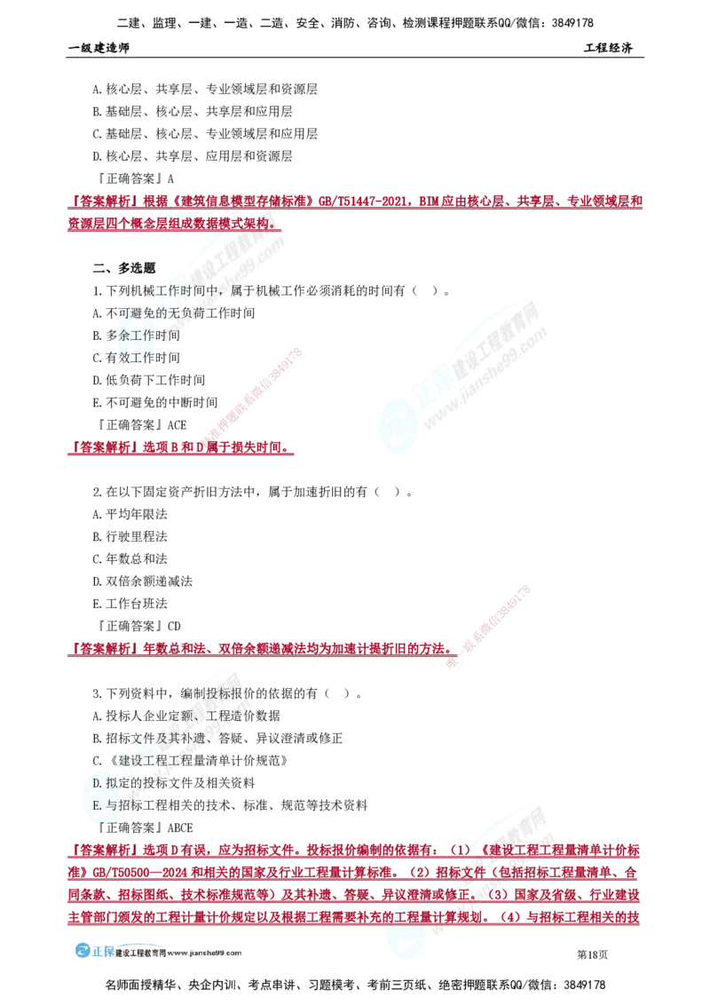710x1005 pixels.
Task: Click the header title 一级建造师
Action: coord(99,48)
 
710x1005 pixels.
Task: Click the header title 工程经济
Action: coord(608,48)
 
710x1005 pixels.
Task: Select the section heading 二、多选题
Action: coord(124,268)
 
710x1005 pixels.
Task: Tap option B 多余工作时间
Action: coord(137,336)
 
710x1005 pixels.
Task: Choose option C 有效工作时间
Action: coord(137,358)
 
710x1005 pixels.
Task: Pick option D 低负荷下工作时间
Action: coord(149,380)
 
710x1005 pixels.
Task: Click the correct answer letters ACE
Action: coord(177,425)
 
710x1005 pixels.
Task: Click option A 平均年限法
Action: coord(130,514)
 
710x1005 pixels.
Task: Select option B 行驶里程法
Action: coord(130,536)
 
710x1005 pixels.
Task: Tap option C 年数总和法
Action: coord(130,559)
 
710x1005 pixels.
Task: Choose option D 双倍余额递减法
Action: coord(142,582)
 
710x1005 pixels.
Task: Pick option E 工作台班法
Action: coord(130,604)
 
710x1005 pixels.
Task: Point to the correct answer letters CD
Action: coord(174,626)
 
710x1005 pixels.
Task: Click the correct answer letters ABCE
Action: coord(180,827)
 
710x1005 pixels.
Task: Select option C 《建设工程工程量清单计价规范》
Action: coord(190,761)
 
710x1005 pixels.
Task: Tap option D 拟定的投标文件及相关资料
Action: coord(174,782)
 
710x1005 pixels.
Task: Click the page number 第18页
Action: coord(593,954)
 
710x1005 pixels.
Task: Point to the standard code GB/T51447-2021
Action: coord(363,202)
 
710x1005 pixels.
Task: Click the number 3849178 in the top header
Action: coord(572,23)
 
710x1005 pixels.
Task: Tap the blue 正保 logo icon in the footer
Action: coord(83,951)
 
